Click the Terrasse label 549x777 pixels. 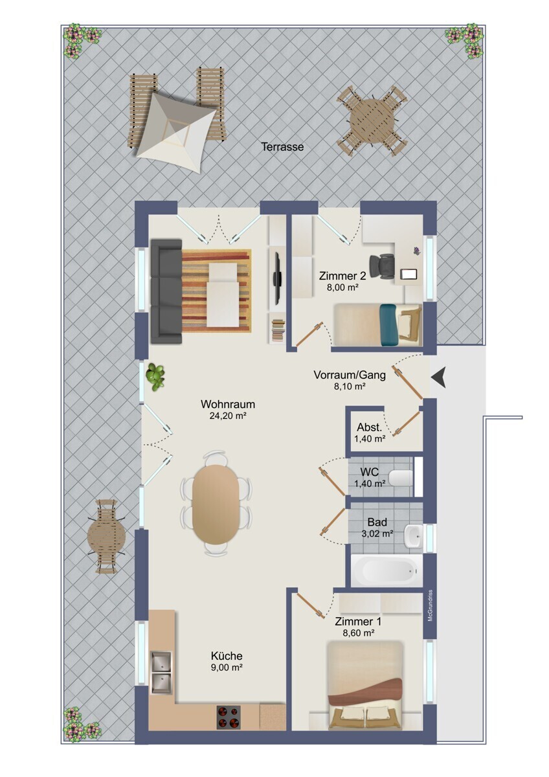coord(282,147)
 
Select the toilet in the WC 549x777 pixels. coord(401,478)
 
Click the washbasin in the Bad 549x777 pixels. coord(414,536)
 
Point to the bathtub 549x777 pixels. coord(387,570)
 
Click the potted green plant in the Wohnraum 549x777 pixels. coord(155,377)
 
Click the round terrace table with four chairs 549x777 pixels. coord(372,122)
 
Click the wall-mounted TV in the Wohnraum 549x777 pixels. coord(276,269)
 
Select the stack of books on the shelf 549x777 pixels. coord(278,331)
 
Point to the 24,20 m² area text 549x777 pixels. coord(227,415)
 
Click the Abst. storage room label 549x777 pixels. coord(370,427)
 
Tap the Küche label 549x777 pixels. coord(227,656)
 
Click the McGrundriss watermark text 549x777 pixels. coord(430,605)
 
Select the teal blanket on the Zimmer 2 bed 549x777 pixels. coord(388,324)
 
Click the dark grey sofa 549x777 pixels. coord(166,291)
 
